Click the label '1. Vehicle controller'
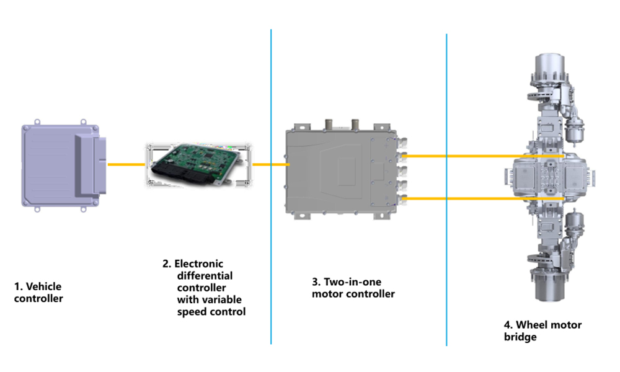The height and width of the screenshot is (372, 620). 38,293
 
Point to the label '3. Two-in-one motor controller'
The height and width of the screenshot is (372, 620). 353,288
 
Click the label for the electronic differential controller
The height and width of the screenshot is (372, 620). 205,288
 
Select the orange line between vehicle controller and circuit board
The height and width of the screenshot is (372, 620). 126,164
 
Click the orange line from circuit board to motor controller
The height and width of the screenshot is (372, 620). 270,164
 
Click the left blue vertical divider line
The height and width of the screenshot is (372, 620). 271,186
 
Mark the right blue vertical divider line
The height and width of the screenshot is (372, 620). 446,186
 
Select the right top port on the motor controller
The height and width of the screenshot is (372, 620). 356,125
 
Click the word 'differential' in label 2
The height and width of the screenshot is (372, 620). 205,275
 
